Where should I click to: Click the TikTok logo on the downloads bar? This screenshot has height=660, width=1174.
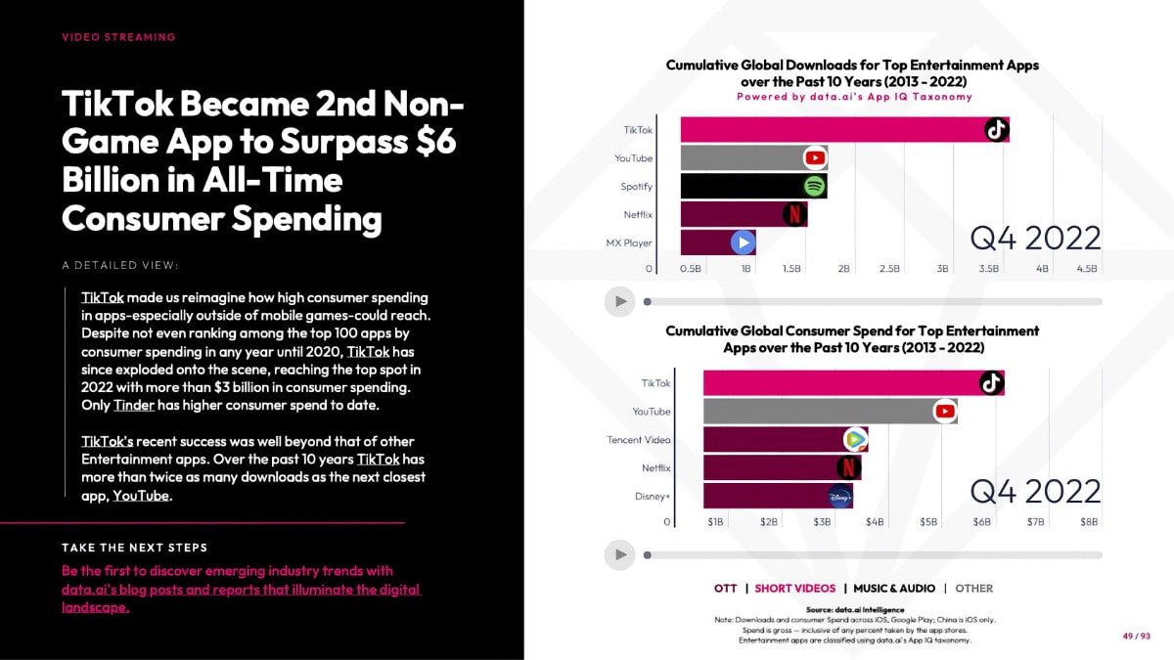996,129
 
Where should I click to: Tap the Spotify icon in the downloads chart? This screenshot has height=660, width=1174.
814,186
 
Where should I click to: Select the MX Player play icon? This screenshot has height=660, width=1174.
744,242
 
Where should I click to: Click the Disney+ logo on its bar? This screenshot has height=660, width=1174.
840,496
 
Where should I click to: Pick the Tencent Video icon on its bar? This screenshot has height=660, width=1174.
855,439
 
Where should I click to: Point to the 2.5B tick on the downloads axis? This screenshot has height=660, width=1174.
889,269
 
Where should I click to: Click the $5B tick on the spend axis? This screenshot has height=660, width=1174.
928,522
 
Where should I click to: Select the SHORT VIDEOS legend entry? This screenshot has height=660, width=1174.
795,589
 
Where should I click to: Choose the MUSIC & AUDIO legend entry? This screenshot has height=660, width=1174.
894,589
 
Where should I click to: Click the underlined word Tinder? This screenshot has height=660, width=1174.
134,405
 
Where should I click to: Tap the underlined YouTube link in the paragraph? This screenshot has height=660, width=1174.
141,496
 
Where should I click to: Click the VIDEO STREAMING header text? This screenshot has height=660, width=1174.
118,37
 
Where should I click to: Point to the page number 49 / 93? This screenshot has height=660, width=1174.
1136,636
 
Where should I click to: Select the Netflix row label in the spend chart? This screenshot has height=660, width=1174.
655,467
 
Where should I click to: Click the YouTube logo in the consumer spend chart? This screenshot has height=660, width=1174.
945,412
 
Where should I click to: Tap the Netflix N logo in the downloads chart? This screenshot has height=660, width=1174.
794,214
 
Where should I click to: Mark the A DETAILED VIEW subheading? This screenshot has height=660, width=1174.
120,265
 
